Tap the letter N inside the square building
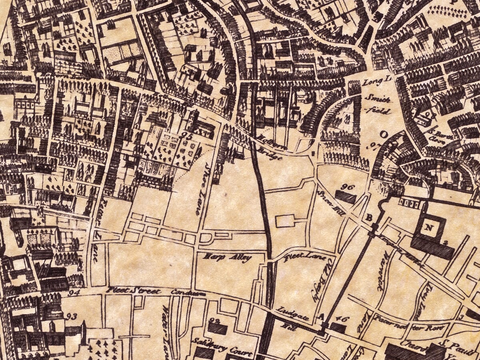[429, 228]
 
